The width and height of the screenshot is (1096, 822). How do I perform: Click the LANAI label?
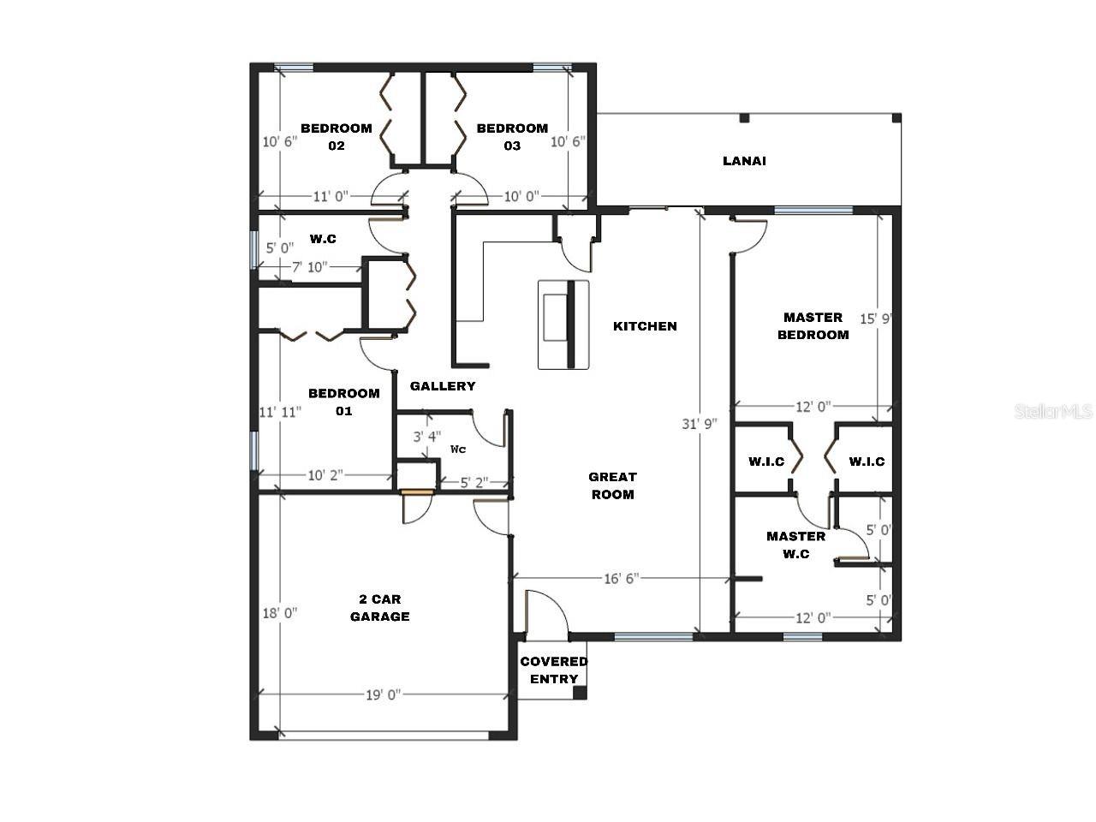pyautogui.click(x=743, y=161)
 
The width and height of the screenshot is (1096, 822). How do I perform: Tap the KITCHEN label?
pyautogui.click(x=645, y=326)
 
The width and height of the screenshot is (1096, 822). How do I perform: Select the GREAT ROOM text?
pyautogui.click(x=612, y=485)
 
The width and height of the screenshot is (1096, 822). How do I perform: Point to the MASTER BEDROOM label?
pyautogui.click(x=813, y=326)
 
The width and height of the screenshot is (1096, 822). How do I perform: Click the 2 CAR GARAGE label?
pyautogui.click(x=379, y=608)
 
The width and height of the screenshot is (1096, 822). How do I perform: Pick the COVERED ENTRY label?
pyautogui.click(x=554, y=670)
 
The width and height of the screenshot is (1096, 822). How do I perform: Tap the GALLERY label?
pyautogui.click(x=443, y=386)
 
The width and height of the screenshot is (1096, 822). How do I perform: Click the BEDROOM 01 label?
pyautogui.click(x=343, y=402)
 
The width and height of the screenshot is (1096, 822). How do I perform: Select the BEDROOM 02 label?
pyautogui.click(x=337, y=137)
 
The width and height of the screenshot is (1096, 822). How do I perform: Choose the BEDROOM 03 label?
pyautogui.click(x=512, y=137)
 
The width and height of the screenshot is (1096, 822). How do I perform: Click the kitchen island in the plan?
pyautogui.click(x=563, y=325)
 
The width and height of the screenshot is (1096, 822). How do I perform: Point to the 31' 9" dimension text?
pyautogui.click(x=700, y=424)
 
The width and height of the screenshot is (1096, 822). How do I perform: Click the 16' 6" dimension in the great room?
pyautogui.click(x=621, y=579)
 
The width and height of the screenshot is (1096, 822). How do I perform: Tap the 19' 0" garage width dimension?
pyautogui.click(x=384, y=695)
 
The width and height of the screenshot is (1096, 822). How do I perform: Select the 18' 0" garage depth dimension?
pyautogui.click(x=279, y=613)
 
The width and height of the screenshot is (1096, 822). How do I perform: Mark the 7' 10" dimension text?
pyautogui.click(x=310, y=267)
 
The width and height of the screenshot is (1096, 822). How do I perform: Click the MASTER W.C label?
pyautogui.click(x=795, y=545)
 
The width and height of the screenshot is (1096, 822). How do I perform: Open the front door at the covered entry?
pyautogui.click(x=545, y=615)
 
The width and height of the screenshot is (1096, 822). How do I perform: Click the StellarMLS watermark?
pyautogui.click(x=1053, y=412)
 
